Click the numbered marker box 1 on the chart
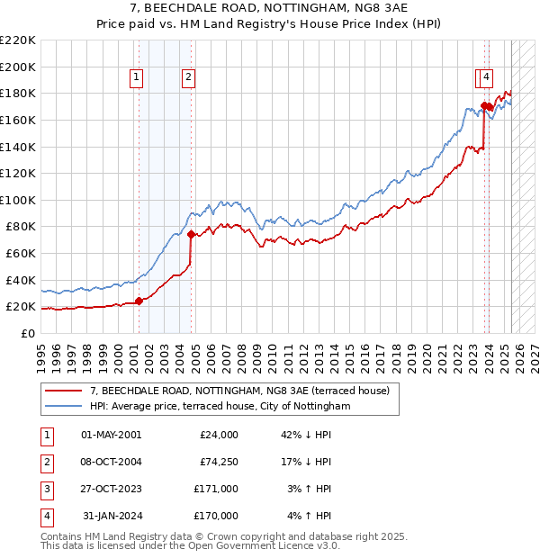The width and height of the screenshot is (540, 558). tap(136, 78)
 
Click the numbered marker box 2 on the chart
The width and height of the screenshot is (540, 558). tap(188, 78)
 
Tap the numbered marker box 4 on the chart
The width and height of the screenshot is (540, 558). tap(486, 78)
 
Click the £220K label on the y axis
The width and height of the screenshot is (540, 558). tap(19, 40)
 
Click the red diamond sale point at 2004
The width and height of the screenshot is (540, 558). tap(191, 234)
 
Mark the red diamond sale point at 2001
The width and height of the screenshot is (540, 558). tap(139, 301)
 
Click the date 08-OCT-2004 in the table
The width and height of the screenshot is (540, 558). tap(111, 462)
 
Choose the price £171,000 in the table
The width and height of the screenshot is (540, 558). tap(215, 489)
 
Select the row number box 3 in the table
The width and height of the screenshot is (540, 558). tap(45, 489)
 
